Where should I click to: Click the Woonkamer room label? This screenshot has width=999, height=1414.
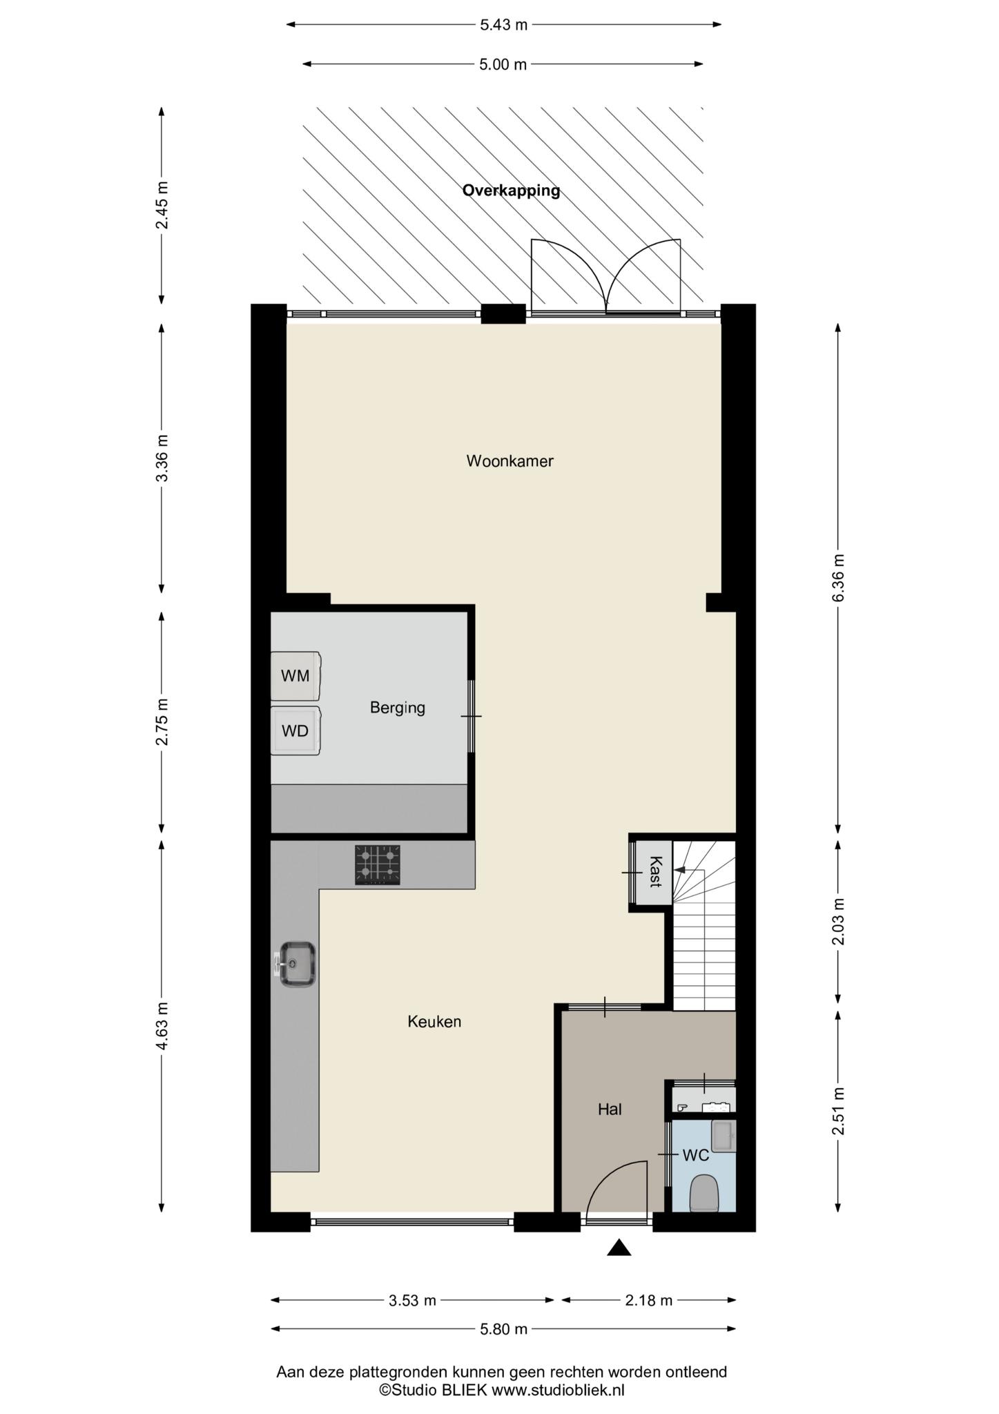[510, 461]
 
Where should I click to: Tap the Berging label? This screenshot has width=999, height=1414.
[397, 708]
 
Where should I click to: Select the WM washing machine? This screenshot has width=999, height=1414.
[295, 676]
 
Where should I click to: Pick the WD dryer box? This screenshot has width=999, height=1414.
[295, 730]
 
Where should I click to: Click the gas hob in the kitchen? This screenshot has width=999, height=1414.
[378, 865]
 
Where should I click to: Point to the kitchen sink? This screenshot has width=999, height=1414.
[296, 964]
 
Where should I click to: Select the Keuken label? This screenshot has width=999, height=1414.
[434, 1021]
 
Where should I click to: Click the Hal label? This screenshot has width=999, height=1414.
[610, 1110]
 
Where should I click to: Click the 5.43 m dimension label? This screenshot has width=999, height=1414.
[503, 25]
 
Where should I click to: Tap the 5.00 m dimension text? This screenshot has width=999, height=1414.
[503, 64]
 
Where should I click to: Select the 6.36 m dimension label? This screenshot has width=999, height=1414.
[838, 578]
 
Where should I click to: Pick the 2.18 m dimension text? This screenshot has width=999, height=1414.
[648, 1301]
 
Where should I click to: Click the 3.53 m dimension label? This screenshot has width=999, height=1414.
[412, 1301]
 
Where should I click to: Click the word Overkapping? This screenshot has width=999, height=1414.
[511, 191]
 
